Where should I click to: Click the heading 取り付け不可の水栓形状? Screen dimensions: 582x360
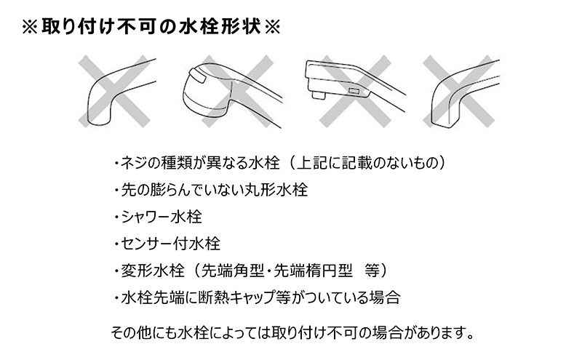click(x=151, y=27)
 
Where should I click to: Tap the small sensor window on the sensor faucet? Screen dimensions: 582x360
click(x=353, y=91)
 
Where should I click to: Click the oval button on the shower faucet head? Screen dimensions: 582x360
click(x=198, y=77)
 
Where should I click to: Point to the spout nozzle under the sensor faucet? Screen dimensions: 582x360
click(x=319, y=95)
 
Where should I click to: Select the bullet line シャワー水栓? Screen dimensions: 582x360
click(x=158, y=217)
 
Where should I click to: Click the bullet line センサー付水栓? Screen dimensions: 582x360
click(x=167, y=244)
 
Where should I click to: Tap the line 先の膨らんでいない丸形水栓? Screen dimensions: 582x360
click(x=211, y=190)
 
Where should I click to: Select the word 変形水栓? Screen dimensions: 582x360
click(x=153, y=271)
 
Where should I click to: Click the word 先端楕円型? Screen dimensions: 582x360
click(x=313, y=271)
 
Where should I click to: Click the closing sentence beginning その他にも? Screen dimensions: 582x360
click(x=292, y=332)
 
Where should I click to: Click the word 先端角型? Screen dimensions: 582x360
click(x=232, y=271)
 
